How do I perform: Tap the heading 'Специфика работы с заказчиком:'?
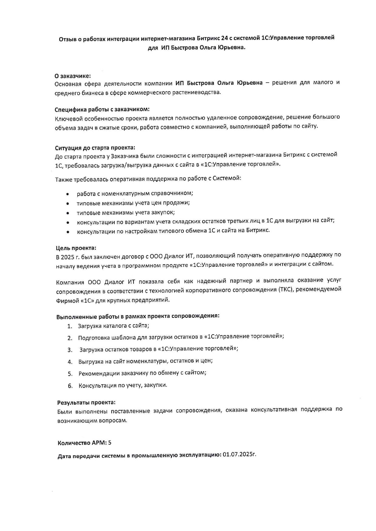[x=102, y=109]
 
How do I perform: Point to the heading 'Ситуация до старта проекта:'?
[x=95, y=148]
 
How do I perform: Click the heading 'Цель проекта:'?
[x=76, y=248]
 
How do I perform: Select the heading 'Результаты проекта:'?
[x=86, y=403]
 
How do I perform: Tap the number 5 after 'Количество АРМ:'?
[x=110, y=443]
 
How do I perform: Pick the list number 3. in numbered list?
[x=70, y=350]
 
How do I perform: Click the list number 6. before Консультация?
[x=70, y=386]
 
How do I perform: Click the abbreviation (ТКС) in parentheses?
[x=285, y=289]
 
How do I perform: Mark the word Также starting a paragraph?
[x=64, y=180]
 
